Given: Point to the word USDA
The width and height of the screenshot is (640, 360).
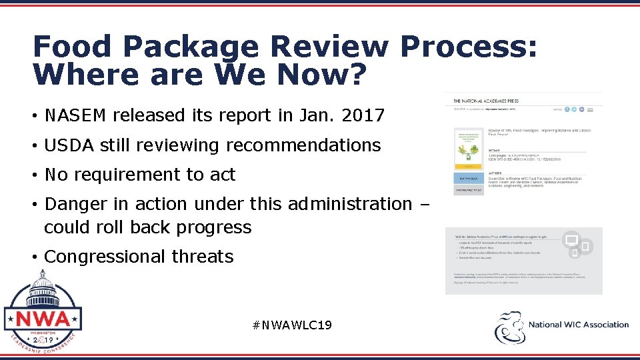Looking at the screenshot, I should pos(65,145).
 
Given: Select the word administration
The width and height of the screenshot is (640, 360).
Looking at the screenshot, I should pos(350,203).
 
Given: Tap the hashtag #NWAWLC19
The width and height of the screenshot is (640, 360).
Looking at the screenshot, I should pos(292,325).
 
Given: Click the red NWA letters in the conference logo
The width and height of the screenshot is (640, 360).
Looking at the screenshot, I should pos(43,319).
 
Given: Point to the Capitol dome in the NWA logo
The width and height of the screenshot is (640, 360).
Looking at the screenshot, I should pos(43,283).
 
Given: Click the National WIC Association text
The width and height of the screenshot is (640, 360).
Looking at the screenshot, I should pos(578,325).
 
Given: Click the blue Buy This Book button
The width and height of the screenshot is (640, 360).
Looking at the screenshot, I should pos(469,178).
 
